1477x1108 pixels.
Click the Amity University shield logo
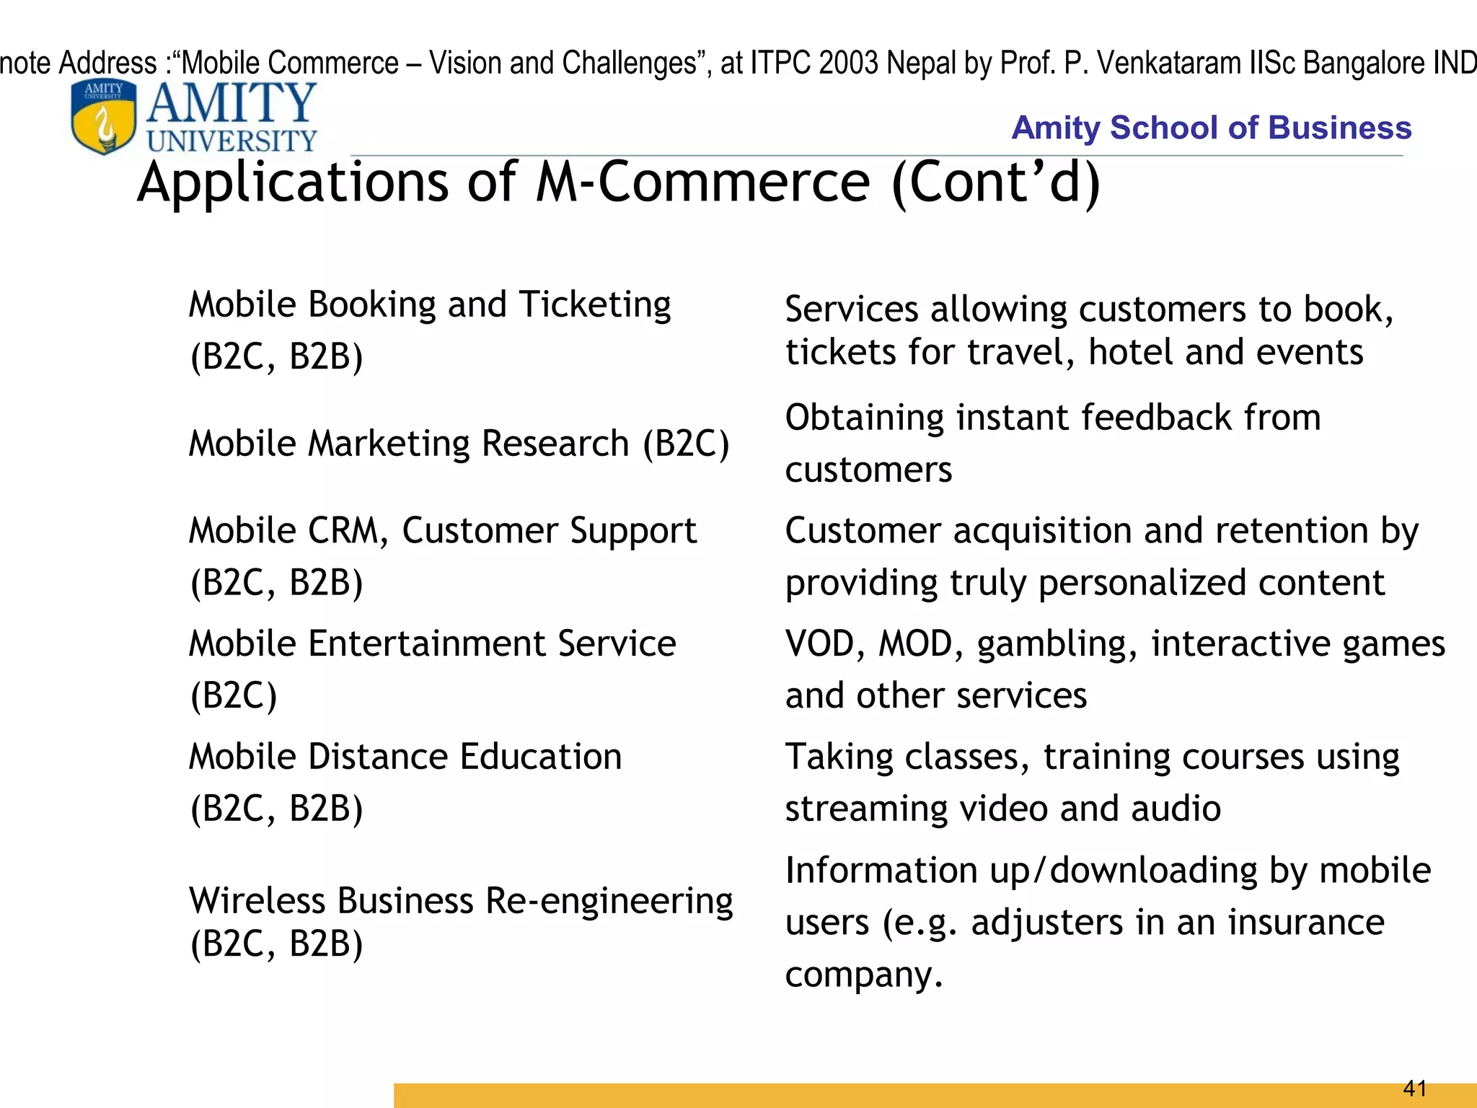(x=104, y=118)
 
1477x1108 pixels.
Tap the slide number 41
(x=1414, y=1088)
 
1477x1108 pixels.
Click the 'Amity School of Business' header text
(x=1211, y=128)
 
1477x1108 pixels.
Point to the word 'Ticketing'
(x=595, y=304)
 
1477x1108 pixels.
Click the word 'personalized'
(x=1141, y=583)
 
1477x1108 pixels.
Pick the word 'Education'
(x=540, y=757)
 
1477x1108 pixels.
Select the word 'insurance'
(x=1305, y=923)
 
